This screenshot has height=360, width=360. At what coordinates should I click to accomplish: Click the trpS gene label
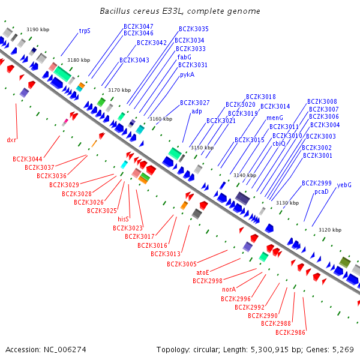(85, 31)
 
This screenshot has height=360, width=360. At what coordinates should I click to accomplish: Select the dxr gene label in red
(11, 140)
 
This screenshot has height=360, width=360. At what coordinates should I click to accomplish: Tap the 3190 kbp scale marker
(38, 29)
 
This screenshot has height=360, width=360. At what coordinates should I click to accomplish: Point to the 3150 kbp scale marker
(202, 148)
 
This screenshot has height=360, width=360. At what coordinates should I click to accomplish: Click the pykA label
(187, 75)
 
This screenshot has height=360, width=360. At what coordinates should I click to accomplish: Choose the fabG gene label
(184, 57)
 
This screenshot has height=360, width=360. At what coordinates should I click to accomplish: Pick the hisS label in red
(123, 219)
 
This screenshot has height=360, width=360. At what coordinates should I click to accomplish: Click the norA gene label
(229, 289)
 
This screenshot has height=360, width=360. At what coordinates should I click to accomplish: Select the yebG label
(344, 185)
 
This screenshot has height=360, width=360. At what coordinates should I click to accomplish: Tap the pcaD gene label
(322, 192)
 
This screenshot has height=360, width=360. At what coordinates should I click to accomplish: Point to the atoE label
(203, 272)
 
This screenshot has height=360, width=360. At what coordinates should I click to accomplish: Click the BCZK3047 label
(139, 26)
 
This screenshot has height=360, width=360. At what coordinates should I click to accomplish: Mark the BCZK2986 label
(290, 332)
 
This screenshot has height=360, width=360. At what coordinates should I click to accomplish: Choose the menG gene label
(275, 118)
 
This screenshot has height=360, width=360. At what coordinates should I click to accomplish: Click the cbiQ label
(279, 143)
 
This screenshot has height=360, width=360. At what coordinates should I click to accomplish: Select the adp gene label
(197, 112)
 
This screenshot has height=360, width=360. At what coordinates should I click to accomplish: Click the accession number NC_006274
(65, 350)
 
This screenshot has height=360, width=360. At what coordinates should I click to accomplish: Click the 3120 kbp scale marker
(330, 230)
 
